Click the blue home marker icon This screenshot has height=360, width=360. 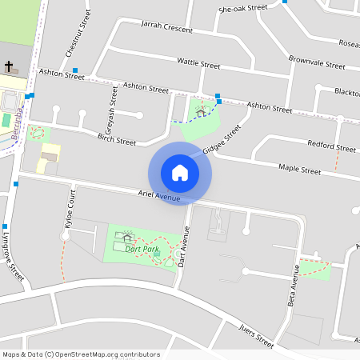pos(180,173)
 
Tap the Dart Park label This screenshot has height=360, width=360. pos(142,250)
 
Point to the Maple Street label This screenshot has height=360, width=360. pos(299,170)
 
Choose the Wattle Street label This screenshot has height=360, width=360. pos(198,62)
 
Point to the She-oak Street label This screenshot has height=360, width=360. pos(242,7)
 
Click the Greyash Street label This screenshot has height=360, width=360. pos(112,113)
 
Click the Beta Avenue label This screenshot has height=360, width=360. pos(295,278)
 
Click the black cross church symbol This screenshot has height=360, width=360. pos(10,66)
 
